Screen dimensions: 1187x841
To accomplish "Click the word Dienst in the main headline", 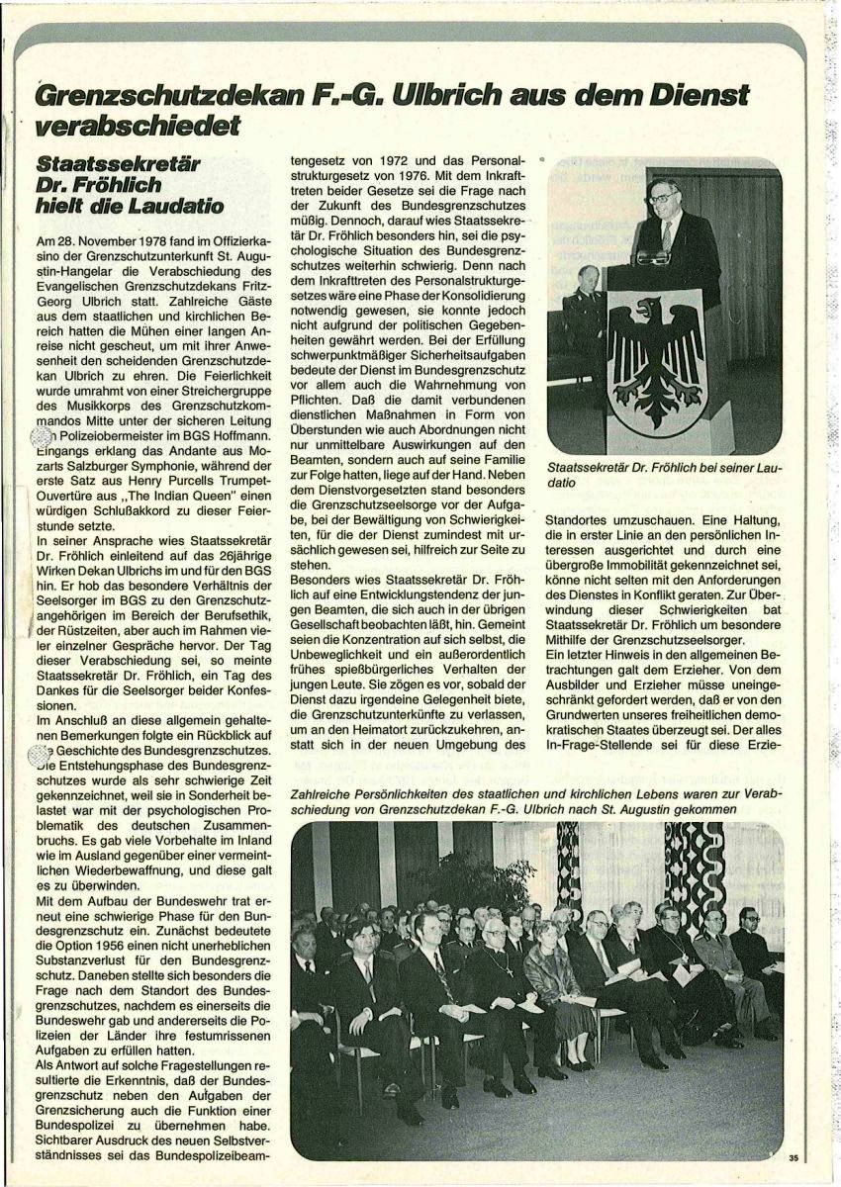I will (697, 97).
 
